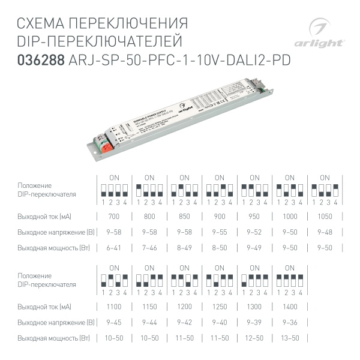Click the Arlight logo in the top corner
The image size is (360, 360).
[326, 34]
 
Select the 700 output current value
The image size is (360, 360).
[114, 216]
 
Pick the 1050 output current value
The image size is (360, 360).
[324, 216]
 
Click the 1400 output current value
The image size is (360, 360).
[289, 306]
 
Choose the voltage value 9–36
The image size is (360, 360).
[289, 322]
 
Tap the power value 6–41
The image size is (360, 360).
[114, 247]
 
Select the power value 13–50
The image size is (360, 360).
[289, 338]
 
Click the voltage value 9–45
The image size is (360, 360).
[114, 322]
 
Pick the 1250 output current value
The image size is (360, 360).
[219, 306]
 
